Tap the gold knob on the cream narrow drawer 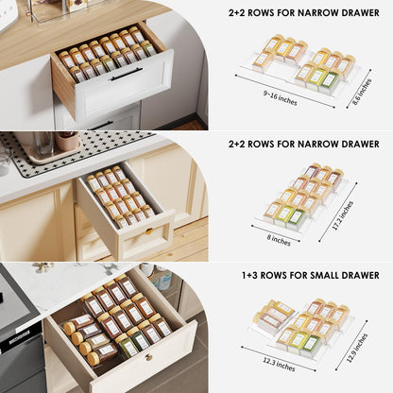(x=148, y=231)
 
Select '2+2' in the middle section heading (x=239, y=145)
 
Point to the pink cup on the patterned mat (x=67, y=141)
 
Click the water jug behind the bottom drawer (x=162, y=281)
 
